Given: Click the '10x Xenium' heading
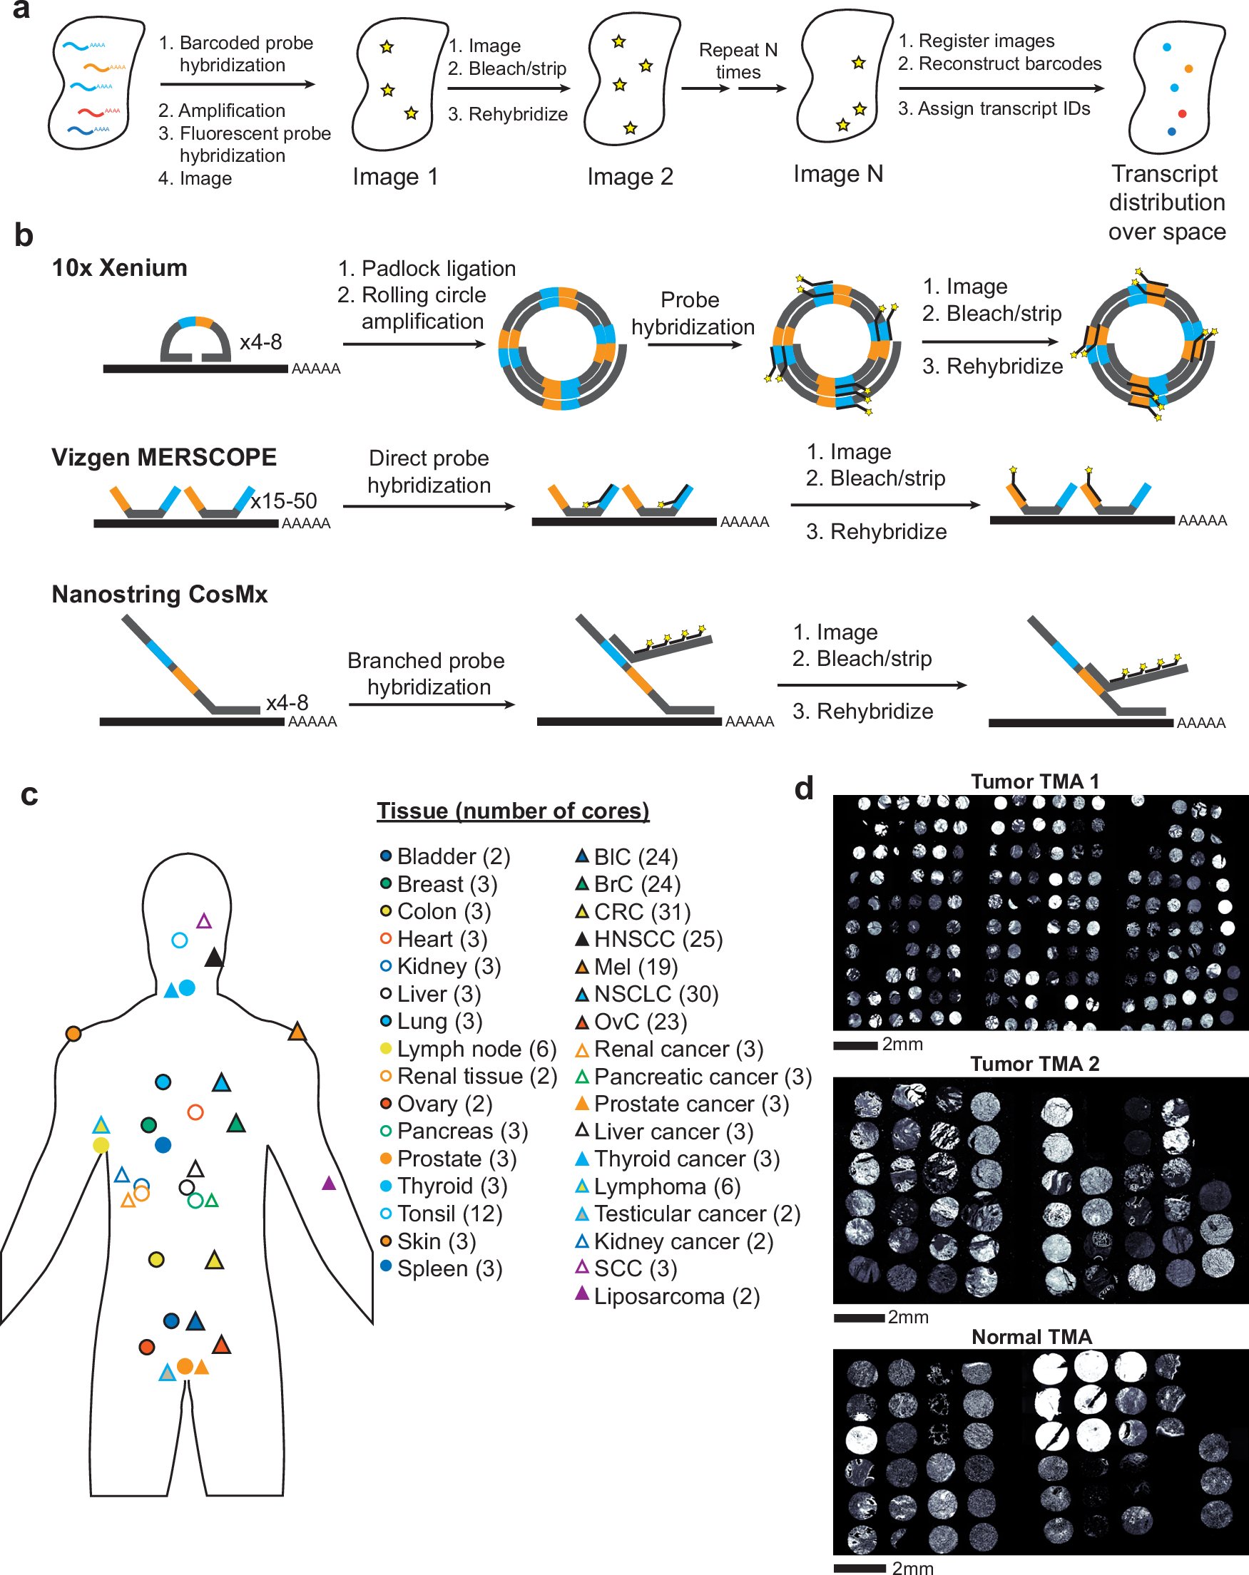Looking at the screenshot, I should pos(119,268).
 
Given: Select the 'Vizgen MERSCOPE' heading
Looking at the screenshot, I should pos(164,457).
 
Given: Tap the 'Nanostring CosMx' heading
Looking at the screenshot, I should pos(159,594).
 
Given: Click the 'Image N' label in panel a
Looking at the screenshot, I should pos(837,174).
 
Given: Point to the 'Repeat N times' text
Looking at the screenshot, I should pos(738,61).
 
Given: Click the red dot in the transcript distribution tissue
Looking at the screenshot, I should pos(1182,113).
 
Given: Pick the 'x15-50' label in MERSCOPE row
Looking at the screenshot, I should pos(284,501).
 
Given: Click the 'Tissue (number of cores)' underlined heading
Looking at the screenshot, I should pos(512,811).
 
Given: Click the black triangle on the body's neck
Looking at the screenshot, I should pos(213,958).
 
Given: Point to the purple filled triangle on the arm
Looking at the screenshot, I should pos(329,1182).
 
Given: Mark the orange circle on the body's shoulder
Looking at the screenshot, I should pos(73,1033).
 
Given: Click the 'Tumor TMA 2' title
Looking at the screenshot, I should pos(1034,1064).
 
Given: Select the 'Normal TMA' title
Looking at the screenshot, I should pos(1031,1337).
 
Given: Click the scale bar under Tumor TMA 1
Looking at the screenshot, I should pos(855,1045).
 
